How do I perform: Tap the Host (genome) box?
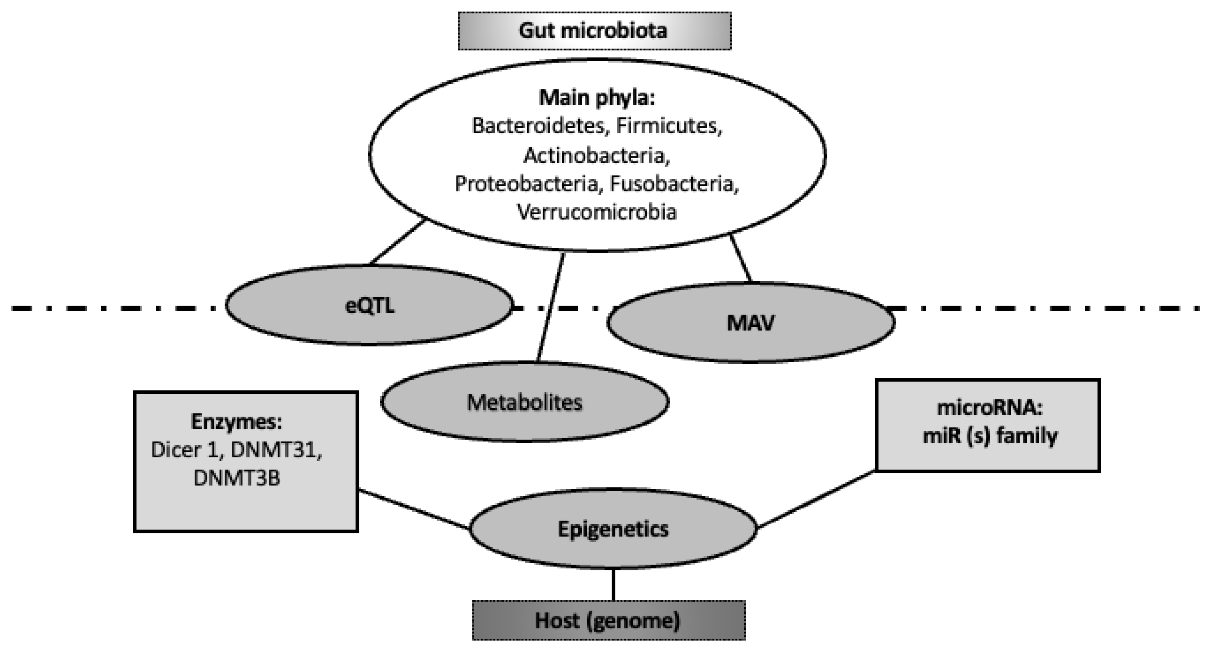tap(608, 621)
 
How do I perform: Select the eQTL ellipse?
tap(369, 306)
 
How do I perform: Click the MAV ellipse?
tap(750, 323)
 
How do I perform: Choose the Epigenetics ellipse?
tap(613, 529)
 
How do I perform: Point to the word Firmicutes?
tap(668, 126)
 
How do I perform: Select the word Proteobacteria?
tap(526, 184)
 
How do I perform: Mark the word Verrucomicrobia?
tap(597, 212)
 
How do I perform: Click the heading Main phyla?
tap(597, 98)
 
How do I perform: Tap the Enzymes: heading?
tap(236, 422)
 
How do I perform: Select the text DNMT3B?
tap(236, 479)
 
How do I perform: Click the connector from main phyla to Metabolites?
tap(550, 307)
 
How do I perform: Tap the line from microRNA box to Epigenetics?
tap(815, 499)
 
